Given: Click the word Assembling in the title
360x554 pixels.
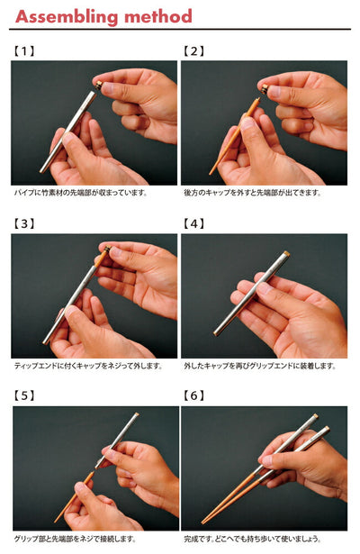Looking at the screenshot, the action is [67, 17].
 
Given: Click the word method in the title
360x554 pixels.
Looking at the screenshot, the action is [158, 16].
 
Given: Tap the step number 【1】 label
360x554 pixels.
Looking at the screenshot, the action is [24, 51].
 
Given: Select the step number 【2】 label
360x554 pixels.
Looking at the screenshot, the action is [193, 51].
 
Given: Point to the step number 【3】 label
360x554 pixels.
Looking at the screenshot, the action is [24, 224].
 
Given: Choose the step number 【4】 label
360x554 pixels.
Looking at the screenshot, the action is [193, 224].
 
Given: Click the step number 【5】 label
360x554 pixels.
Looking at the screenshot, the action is [24, 395].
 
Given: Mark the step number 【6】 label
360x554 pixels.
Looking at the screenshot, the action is [193, 395].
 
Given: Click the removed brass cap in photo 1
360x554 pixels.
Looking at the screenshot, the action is [99, 86].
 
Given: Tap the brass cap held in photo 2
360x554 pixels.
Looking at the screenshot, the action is [265, 89].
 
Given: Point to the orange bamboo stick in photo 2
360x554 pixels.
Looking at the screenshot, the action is [235, 136].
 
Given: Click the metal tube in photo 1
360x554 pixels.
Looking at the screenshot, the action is [68, 132].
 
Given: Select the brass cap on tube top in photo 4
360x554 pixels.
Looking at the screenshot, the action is [286, 254].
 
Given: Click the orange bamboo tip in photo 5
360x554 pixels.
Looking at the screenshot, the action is [75, 496].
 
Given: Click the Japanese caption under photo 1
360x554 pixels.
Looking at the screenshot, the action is [80, 193].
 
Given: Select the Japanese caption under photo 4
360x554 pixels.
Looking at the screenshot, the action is [260, 366].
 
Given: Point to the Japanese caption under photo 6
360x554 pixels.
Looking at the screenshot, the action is [253, 540].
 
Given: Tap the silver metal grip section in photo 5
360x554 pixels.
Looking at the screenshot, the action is [117, 440].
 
